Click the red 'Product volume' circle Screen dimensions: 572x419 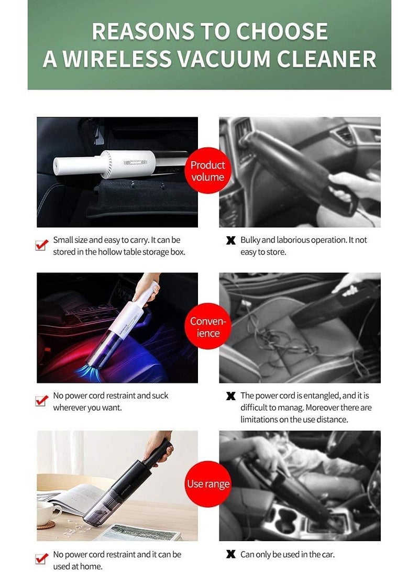click(208, 171)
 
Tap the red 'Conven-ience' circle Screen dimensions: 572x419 click(208, 327)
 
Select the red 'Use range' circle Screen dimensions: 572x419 click(208, 484)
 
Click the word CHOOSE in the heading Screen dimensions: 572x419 click(282, 31)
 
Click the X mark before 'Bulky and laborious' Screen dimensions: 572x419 click(230, 241)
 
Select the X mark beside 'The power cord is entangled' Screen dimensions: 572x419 click(230, 397)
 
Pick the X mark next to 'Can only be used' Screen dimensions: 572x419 click(230, 554)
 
